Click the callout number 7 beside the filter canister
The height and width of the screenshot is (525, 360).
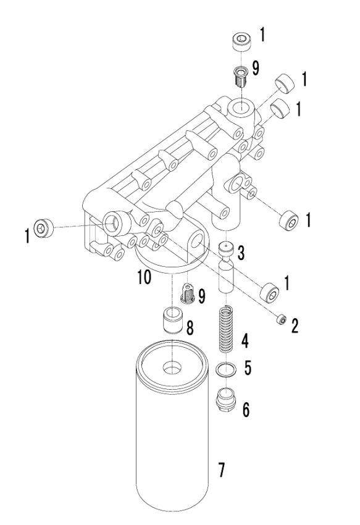[x=221, y=470]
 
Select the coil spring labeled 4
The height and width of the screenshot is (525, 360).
[x=227, y=329]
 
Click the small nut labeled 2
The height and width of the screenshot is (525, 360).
[x=282, y=320]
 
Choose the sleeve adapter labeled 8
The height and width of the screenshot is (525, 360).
[x=172, y=321]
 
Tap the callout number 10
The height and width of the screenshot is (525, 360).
[x=144, y=277]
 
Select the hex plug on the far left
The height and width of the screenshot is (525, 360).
[x=44, y=228]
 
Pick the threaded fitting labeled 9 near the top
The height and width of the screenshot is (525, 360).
[x=240, y=77]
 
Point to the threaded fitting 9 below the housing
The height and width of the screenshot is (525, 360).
[x=188, y=294]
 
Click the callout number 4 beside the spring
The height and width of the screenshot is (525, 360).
[x=245, y=341]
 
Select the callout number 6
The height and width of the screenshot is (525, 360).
[x=246, y=409]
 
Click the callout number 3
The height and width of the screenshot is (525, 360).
[x=241, y=253]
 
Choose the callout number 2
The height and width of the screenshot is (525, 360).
[x=295, y=325]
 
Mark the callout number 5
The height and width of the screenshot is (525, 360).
[x=248, y=367]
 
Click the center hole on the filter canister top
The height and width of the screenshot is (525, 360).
[x=172, y=367]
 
